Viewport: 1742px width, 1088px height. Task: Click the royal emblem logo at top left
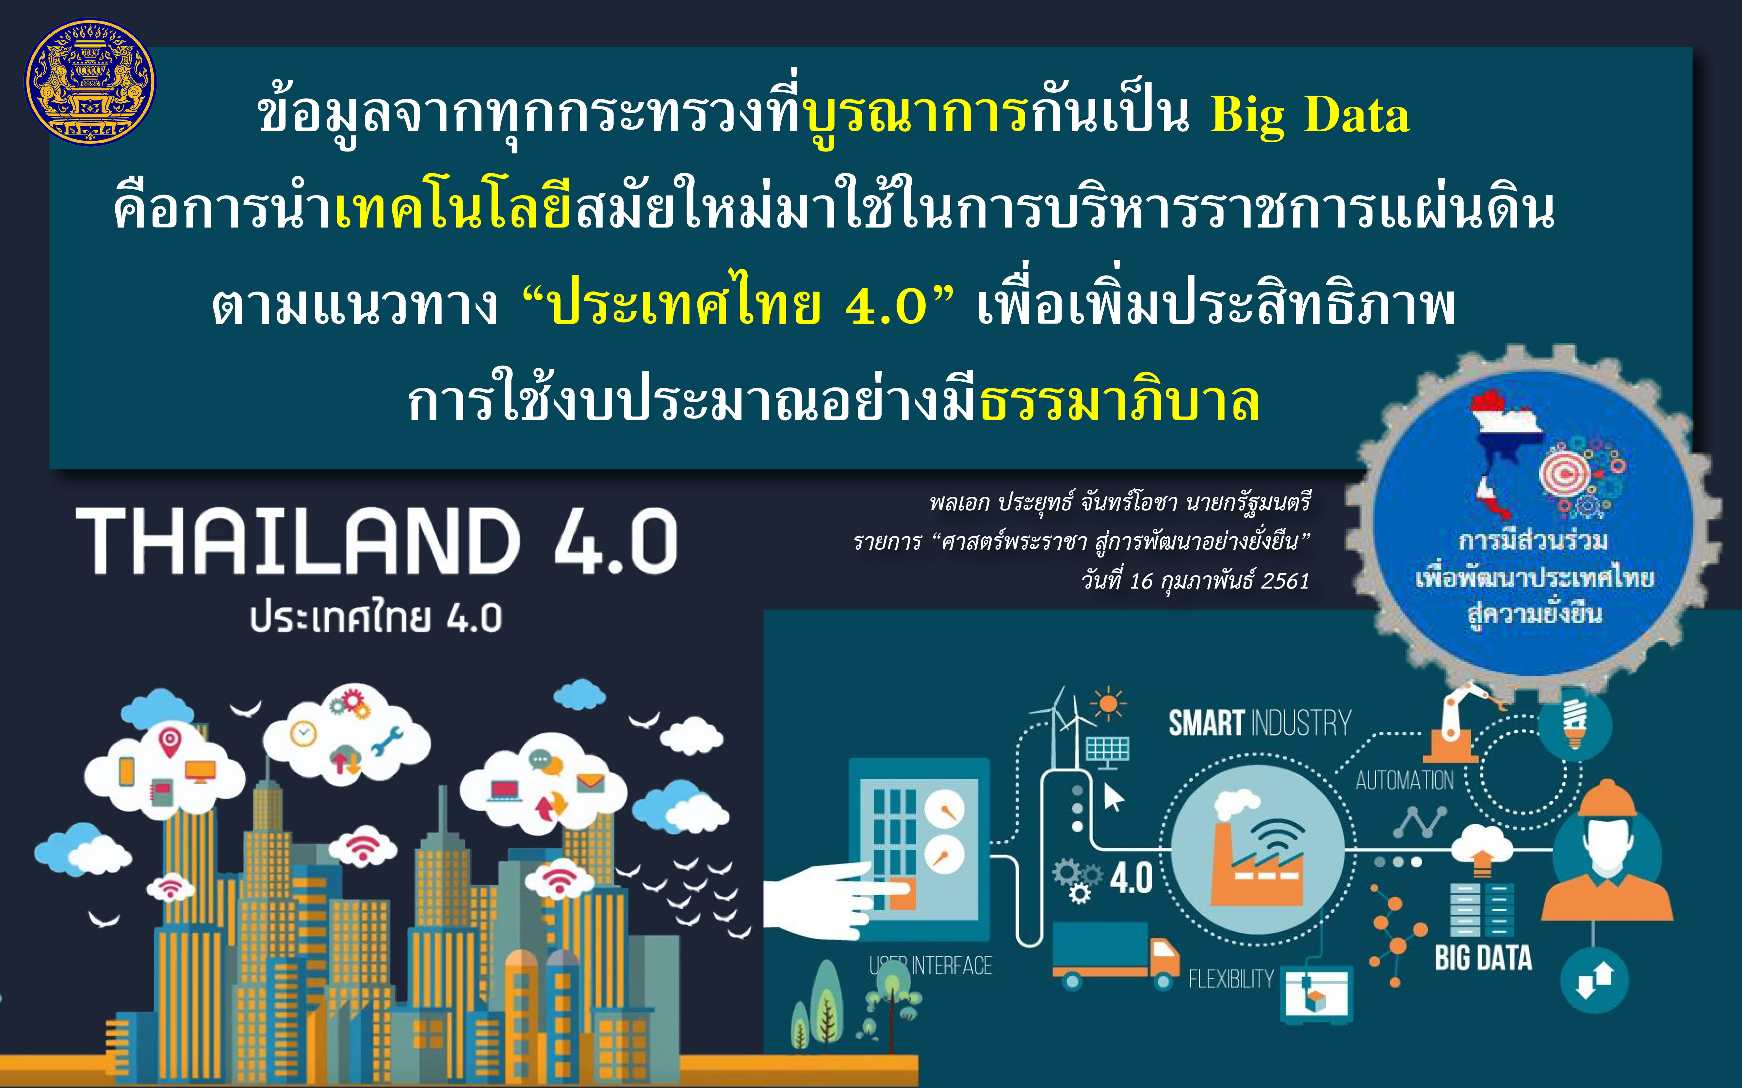[90, 81]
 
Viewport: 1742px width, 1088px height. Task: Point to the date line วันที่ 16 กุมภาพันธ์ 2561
[1195, 580]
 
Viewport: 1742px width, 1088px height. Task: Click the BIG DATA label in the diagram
[1483, 958]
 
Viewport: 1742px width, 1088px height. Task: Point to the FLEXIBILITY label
[1231, 979]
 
